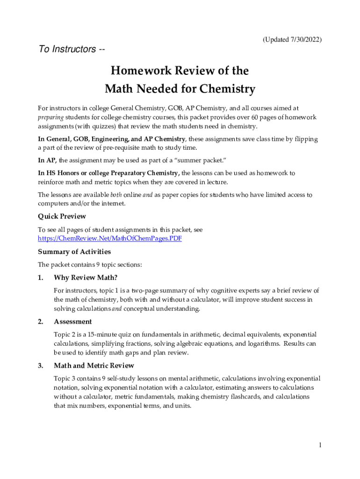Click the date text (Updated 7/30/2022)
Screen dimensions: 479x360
[292, 40]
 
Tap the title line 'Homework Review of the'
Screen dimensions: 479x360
[180, 71]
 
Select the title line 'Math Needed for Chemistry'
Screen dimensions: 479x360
[180, 89]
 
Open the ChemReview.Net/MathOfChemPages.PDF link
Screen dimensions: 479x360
[109, 239]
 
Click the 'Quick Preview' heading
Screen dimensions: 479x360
[62, 216]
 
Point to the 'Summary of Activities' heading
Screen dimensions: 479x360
[74, 252]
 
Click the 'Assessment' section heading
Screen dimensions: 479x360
[73, 322]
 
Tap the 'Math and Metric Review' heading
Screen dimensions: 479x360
[94, 366]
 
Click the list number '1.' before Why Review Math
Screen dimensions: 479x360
[41, 278]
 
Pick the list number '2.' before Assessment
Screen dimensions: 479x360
[41, 322]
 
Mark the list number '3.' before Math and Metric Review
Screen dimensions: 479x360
[41, 366]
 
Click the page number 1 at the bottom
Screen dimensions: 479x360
[320, 445]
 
